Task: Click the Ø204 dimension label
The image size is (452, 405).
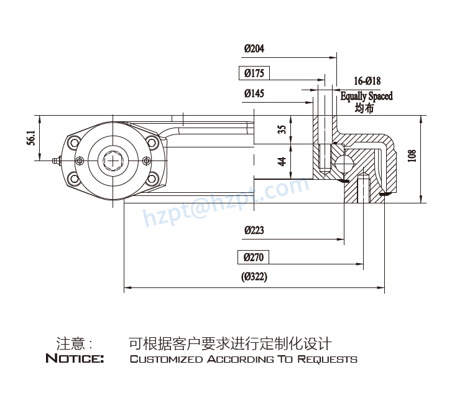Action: [x=254, y=49]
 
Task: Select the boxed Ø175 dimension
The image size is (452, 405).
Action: [x=254, y=73]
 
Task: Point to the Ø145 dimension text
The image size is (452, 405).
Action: [x=254, y=94]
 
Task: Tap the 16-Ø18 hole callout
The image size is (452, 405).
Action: [x=367, y=81]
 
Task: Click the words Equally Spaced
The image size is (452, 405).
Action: [x=366, y=96]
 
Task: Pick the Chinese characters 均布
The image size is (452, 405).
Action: [x=364, y=108]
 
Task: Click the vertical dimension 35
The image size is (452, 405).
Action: [x=282, y=129]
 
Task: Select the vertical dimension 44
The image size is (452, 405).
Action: [x=282, y=161]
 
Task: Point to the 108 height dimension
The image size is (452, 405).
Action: [x=411, y=156]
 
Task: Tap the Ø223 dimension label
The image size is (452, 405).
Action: [x=254, y=230]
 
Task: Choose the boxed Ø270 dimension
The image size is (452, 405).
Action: [x=254, y=257]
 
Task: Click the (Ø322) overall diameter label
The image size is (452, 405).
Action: [x=254, y=277]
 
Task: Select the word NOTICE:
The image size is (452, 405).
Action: [x=75, y=359]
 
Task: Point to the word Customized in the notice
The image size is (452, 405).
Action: [x=166, y=360]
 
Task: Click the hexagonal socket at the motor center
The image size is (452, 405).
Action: [x=113, y=161]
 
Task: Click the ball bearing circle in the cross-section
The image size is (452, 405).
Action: [x=343, y=164]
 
